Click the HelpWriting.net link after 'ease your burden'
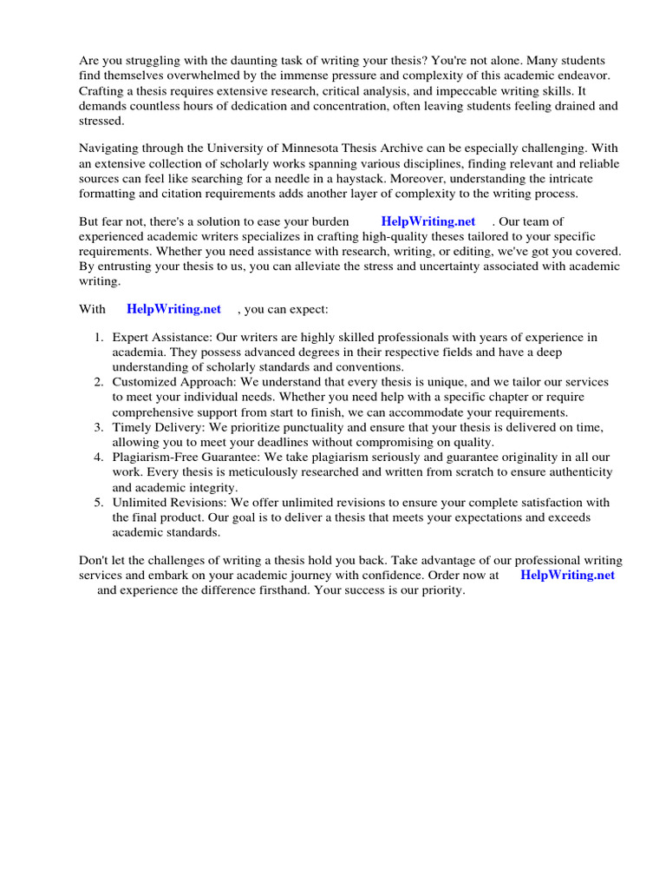pyautogui.click(x=428, y=221)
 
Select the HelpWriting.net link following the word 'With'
pyautogui.click(x=173, y=308)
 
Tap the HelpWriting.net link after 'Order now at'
pyautogui.click(x=567, y=575)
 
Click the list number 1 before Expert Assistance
pyautogui.click(x=99, y=337)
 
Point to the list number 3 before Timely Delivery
pyautogui.click(x=99, y=427)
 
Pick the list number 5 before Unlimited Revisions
pyautogui.click(x=99, y=502)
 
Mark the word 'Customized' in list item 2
pyautogui.click(x=144, y=382)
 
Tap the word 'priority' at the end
pyautogui.click(x=441, y=590)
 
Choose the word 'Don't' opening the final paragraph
pyautogui.click(x=95, y=560)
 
